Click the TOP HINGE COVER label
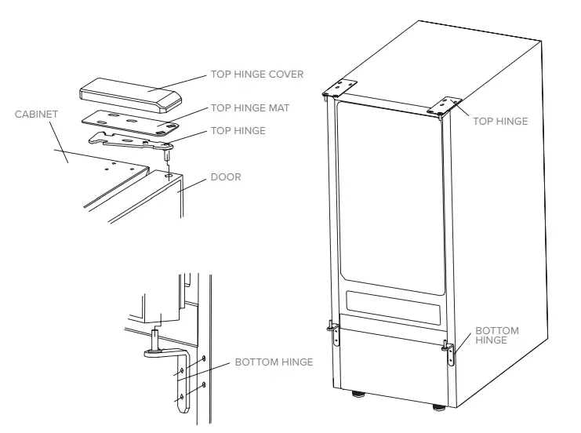tap(256, 75)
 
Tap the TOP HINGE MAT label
tap(249, 108)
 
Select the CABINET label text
tap(36, 115)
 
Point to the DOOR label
tap(226, 177)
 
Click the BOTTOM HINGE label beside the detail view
tap(274, 362)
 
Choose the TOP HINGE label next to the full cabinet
tap(500, 122)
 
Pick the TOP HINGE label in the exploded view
tap(238, 131)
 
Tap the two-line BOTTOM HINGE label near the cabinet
tap(497, 336)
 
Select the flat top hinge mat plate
tap(129, 122)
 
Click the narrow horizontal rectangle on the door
tap(393, 303)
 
